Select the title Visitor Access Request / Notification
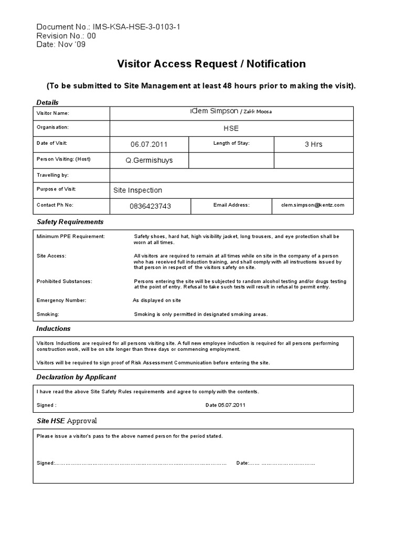[210, 64]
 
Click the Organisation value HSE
[230, 128]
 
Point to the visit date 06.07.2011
[149, 144]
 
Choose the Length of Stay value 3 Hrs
[313, 144]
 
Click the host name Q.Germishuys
[149, 160]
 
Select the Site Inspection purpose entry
[138, 190]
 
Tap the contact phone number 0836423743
[150, 206]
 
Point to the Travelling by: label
[52, 175]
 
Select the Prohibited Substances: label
[65, 281]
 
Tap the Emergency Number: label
[61, 300]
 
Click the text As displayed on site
[156, 300]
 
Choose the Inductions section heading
[54, 329]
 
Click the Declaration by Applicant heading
[76, 377]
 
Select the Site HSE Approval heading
[67, 421]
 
